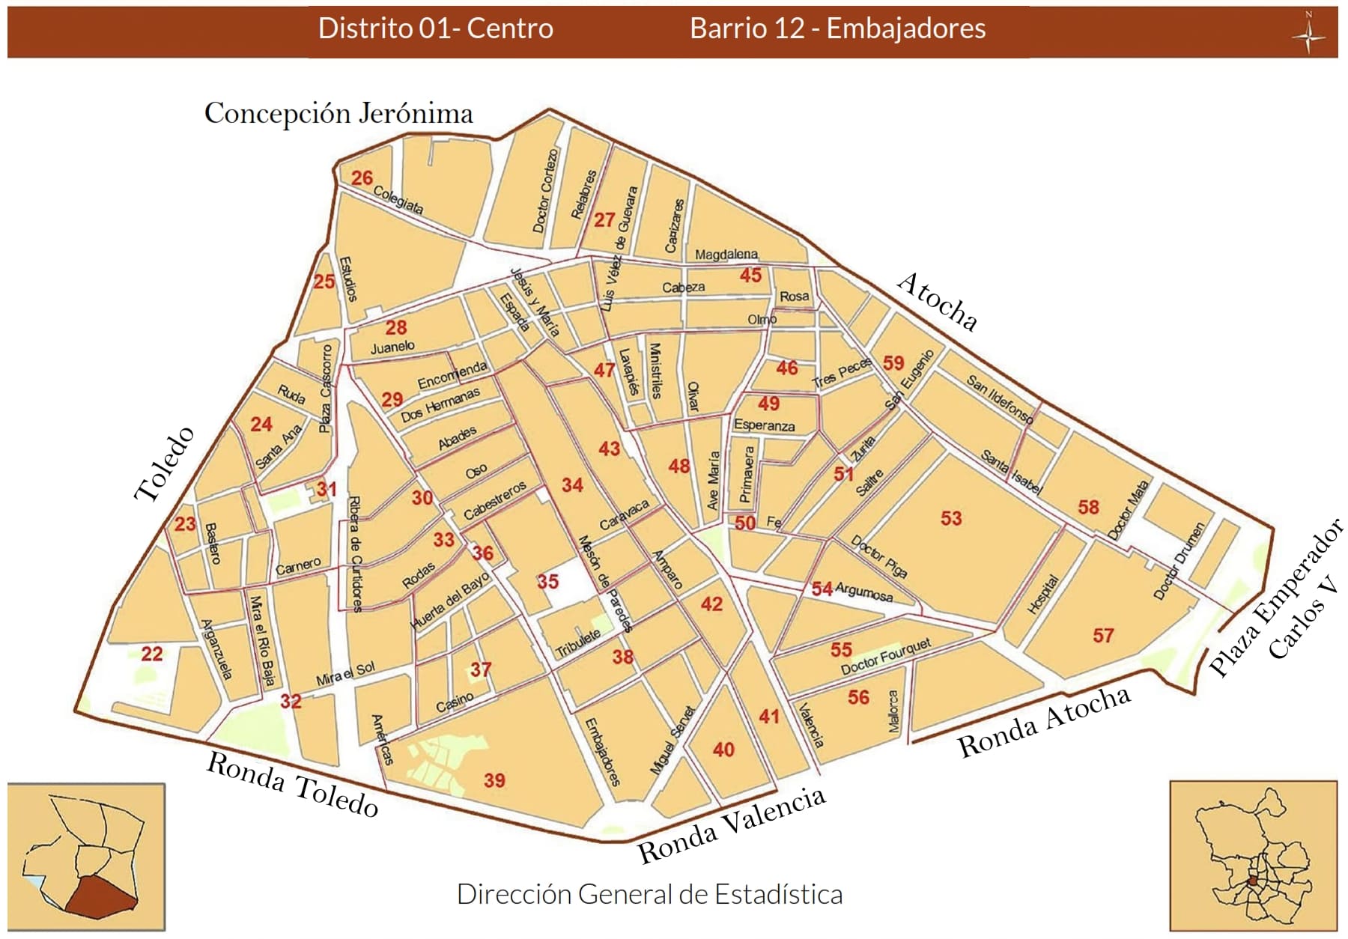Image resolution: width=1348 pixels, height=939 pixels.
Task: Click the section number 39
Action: pyautogui.click(x=494, y=780)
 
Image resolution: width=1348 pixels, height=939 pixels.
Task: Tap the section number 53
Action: pyautogui.click(x=951, y=518)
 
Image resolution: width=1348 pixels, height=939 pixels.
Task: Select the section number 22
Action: pyautogui.click(x=152, y=654)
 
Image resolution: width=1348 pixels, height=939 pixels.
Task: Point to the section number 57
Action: pyautogui.click(x=1103, y=636)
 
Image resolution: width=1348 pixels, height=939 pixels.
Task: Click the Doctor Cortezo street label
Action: pyautogui.click(x=545, y=190)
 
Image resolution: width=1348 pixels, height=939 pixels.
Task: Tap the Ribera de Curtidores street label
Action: pyautogui.click(x=356, y=554)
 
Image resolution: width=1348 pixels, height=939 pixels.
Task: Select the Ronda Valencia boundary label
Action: pyautogui.click(x=731, y=825)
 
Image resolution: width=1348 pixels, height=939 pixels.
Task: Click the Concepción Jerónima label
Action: pyautogui.click(x=338, y=114)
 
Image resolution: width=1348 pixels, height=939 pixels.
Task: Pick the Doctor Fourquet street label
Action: pyautogui.click(x=886, y=657)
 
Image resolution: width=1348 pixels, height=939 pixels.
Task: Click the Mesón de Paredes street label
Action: pyautogui.click(x=605, y=584)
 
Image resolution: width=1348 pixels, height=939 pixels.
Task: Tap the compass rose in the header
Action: pyautogui.click(x=1308, y=33)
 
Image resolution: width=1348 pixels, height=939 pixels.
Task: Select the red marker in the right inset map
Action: pyautogui.click(x=1253, y=881)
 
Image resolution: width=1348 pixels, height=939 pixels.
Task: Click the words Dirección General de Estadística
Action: pyautogui.click(x=649, y=894)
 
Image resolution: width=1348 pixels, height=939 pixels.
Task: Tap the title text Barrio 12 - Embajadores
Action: pyautogui.click(x=837, y=28)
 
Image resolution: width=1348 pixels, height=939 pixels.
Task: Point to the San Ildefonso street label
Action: pyautogui.click(x=1000, y=399)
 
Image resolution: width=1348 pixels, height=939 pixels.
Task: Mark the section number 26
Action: pyautogui.click(x=362, y=178)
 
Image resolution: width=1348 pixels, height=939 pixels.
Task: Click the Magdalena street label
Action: pyautogui.click(x=726, y=255)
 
